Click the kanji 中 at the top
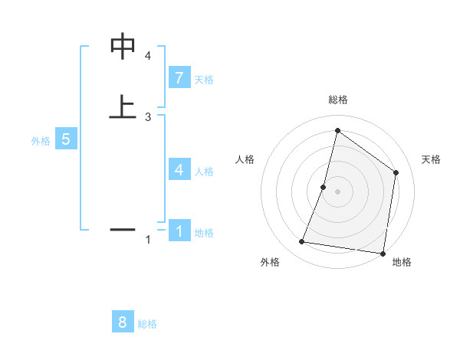(x=123, y=47)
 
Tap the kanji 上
(x=123, y=107)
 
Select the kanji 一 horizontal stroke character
(x=123, y=229)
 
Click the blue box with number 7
(x=179, y=77)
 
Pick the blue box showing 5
(x=66, y=139)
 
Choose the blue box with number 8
(x=123, y=322)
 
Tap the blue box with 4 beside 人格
(x=179, y=169)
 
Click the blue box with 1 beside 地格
(x=179, y=230)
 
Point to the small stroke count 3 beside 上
(x=148, y=116)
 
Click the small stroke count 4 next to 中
(x=148, y=56)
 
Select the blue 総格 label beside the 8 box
(x=147, y=324)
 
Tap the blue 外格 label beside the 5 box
(x=41, y=141)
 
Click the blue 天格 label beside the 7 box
(x=204, y=79)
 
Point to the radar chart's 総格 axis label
(x=337, y=100)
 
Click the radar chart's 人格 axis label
(x=245, y=159)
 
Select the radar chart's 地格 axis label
(x=402, y=262)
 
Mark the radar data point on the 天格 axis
(x=396, y=172)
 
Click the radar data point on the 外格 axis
(x=302, y=242)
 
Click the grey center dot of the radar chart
(x=337, y=191)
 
